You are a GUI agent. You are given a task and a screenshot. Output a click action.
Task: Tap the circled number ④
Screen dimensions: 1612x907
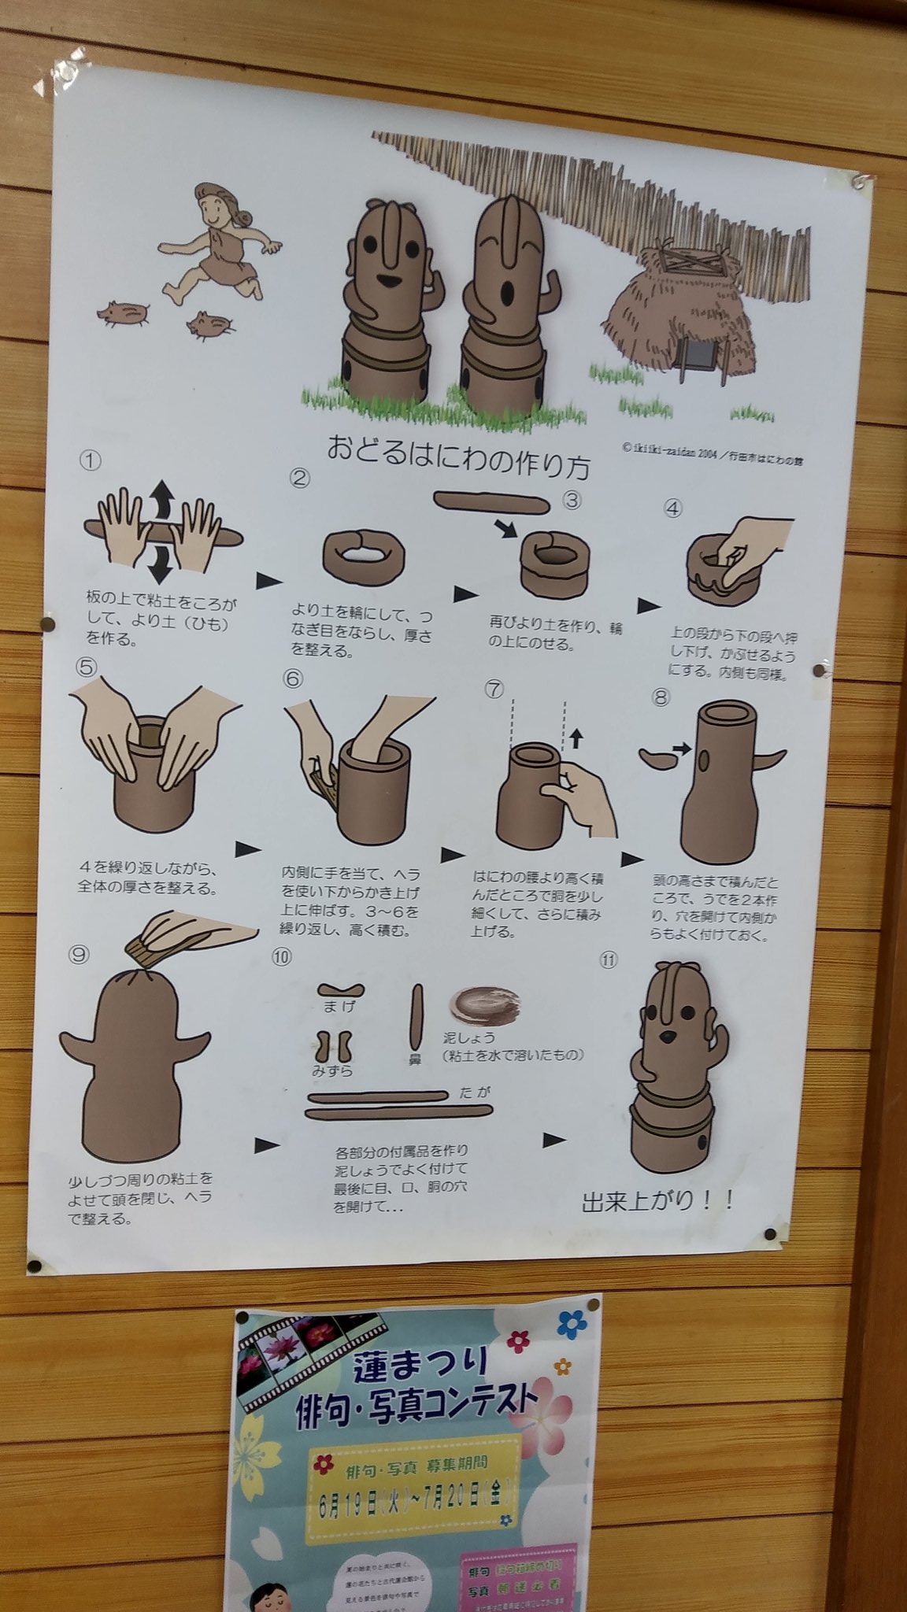tap(672, 508)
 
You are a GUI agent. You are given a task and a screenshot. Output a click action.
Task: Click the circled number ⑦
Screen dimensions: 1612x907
tap(493, 690)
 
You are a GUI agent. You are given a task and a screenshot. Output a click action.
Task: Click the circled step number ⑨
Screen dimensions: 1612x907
tap(80, 953)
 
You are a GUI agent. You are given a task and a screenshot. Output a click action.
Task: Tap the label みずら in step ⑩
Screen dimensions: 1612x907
tap(332, 1071)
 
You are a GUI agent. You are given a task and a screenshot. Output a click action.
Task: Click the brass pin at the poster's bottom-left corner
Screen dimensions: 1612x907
tap(34, 1266)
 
